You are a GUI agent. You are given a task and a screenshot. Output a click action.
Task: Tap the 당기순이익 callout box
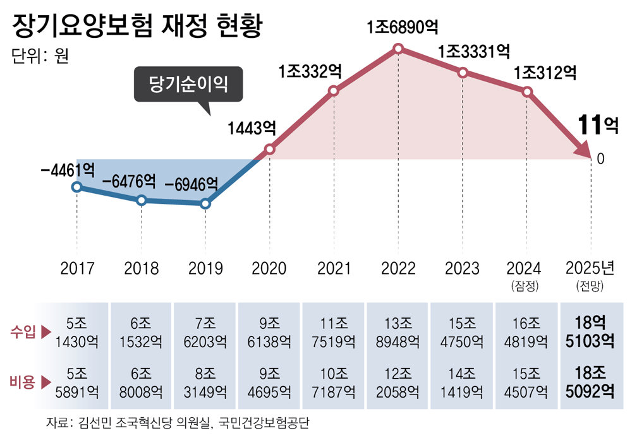pos(188,84)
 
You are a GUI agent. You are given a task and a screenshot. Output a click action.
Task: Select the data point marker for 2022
pos(398,49)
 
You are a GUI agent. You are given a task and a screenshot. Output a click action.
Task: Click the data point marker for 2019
pos(205,203)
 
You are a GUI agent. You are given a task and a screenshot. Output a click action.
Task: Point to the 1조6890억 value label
pos(403,28)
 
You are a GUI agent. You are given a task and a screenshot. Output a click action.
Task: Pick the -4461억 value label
pos(68,170)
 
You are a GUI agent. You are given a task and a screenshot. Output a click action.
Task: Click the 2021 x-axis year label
pos(334,269)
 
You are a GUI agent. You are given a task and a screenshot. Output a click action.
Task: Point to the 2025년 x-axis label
pos(590,269)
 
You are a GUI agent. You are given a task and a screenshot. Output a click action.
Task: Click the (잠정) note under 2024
pos(525,285)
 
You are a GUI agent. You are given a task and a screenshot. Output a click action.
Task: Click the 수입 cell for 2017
pos(77,332)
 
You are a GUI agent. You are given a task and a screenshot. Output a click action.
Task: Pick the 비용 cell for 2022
pos(398,382)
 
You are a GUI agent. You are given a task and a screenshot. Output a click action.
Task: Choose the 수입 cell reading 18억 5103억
pos(590,332)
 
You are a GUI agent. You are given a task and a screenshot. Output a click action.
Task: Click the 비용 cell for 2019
pos(205,382)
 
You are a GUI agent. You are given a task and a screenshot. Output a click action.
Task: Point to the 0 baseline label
pos(600,159)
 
